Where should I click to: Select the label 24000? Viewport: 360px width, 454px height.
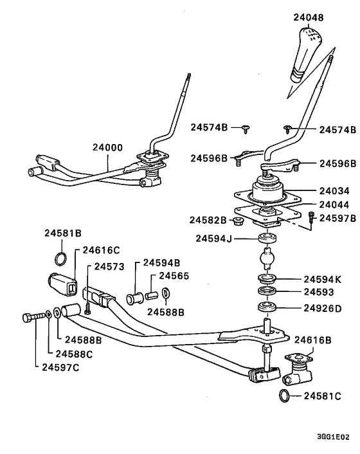pyautogui.click(x=107, y=147)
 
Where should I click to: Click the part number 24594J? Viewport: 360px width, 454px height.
pyautogui.click(x=214, y=239)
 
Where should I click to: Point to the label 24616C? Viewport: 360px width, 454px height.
pyautogui.click(x=102, y=250)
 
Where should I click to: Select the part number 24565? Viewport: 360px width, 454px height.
pyautogui.click(x=174, y=275)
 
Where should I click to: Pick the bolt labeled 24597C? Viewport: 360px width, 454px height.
pyautogui.click(x=32, y=316)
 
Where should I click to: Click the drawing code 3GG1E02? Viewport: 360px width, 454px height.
pyautogui.click(x=334, y=436)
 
